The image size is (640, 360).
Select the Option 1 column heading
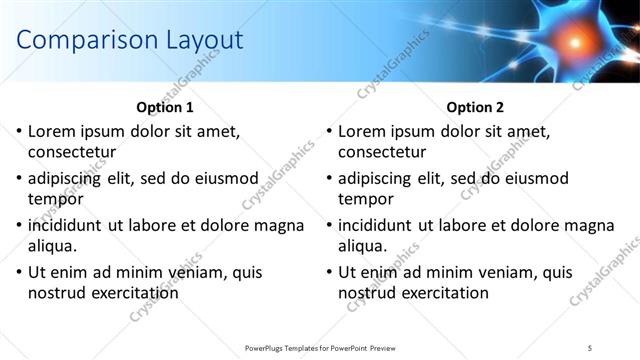click(164, 107)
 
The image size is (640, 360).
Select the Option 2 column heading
click(474, 107)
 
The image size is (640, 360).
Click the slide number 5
click(589, 347)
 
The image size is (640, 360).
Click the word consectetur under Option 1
click(72, 152)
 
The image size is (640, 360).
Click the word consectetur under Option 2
click(382, 152)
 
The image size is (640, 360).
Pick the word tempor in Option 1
click(55, 199)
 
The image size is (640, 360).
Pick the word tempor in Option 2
click(365, 199)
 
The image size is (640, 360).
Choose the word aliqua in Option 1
click(53, 246)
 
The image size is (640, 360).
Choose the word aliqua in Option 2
click(363, 246)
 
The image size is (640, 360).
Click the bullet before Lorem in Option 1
click(18, 131)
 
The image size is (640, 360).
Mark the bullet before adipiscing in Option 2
click(328, 178)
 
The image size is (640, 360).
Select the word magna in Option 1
click(280, 225)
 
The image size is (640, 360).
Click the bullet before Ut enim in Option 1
click(18, 272)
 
